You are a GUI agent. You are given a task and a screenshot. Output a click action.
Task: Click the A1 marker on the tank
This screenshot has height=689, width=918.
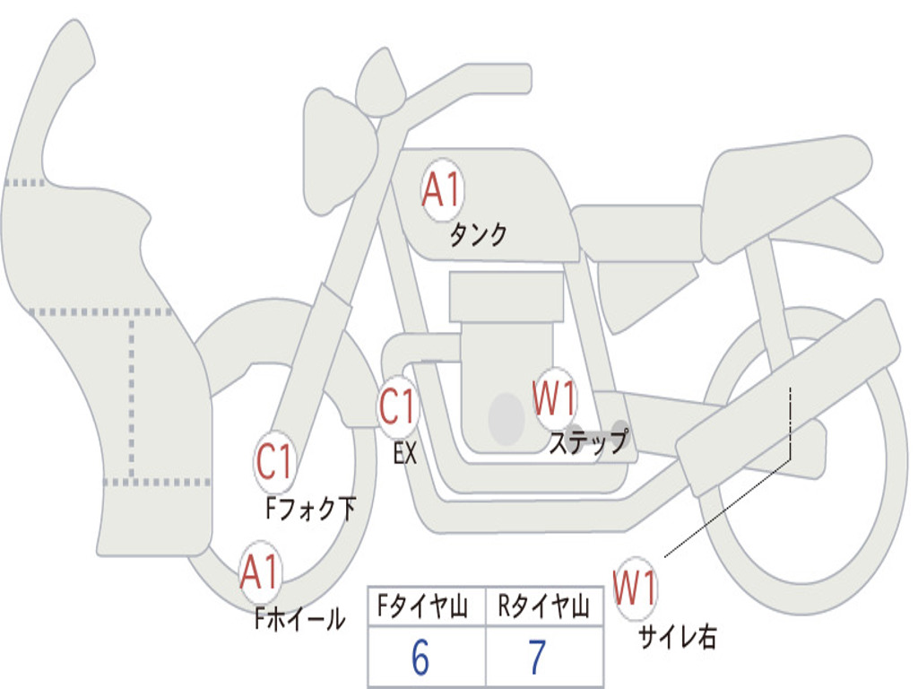(x=442, y=190)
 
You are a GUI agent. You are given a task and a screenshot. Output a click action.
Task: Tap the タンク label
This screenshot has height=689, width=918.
(x=478, y=234)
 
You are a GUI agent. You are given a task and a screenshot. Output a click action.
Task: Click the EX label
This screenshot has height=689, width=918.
(x=405, y=453)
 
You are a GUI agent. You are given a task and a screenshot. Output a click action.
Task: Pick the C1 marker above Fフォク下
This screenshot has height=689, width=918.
(x=274, y=461)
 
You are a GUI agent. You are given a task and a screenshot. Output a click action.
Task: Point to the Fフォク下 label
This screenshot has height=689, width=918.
(x=310, y=509)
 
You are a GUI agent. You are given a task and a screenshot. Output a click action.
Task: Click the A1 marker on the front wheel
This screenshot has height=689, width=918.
(x=260, y=571)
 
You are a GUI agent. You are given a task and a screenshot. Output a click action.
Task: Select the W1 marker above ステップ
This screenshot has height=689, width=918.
(x=554, y=398)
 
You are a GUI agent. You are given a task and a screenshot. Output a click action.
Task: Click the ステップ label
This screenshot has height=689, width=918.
(x=588, y=441)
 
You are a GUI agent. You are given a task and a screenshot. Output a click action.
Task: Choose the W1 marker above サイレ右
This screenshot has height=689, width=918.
(x=636, y=588)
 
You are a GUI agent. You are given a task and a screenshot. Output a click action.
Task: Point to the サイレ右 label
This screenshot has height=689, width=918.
(x=678, y=637)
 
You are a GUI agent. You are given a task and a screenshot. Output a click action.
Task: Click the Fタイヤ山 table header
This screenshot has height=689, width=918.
(x=423, y=606)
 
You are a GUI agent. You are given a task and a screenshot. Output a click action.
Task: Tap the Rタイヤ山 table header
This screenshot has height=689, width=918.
(x=544, y=606)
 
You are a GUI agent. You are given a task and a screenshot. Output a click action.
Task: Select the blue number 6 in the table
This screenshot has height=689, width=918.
(x=420, y=658)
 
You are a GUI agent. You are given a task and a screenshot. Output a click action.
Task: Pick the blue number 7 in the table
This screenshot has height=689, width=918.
(x=538, y=658)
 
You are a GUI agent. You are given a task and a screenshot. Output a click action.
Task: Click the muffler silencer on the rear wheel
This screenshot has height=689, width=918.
(x=788, y=398)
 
